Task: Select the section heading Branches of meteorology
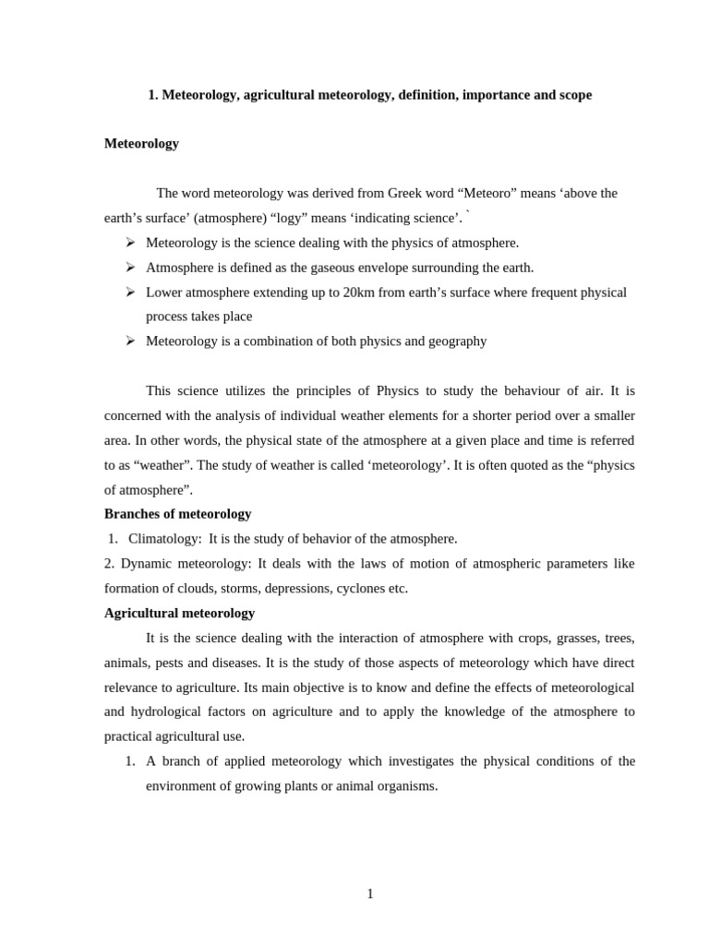click(x=177, y=514)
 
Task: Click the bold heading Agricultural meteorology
click(x=179, y=613)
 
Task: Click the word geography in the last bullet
click(x=453, y=341)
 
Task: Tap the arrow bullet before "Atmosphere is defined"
click(x=130, y=267)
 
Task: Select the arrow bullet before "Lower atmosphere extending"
click(x=130, y=292)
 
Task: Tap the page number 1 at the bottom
click(x=370, y=893)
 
